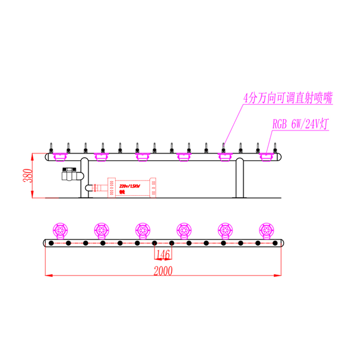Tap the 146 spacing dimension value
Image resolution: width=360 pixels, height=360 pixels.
click(x=163, y=255)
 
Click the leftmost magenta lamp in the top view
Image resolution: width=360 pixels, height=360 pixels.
click(x=60, y=230)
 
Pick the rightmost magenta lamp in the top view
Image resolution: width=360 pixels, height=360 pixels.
click(x=266, y=230)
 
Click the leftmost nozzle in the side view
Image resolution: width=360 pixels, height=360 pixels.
click(x=51, y=148)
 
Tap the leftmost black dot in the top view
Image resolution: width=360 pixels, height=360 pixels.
click(x=51, y=243)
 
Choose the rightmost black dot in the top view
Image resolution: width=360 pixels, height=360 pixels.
click(x=275, y=243)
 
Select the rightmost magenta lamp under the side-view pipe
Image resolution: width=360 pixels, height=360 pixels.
click(x=266, y=157)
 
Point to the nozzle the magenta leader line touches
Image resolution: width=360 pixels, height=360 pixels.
click(x=223, y=148)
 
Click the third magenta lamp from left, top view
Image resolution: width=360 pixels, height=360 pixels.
click(x=143, y=230)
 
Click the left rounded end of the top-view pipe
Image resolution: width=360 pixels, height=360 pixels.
click(x=45, y=243)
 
